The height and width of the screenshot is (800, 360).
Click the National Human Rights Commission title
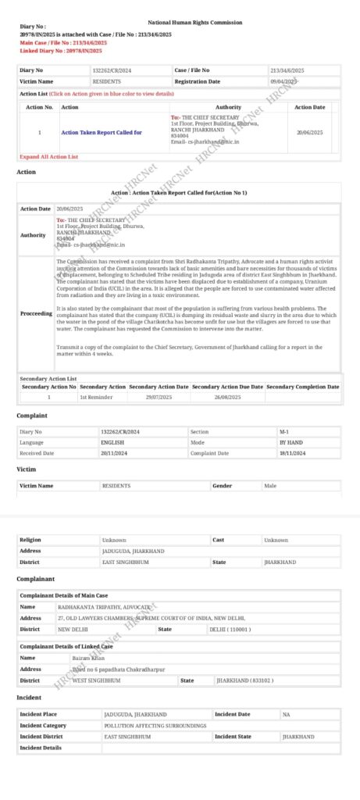194,23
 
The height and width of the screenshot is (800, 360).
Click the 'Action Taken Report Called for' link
102,133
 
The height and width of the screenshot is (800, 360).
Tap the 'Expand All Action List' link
48,156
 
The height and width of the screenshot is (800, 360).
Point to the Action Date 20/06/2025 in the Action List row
310,133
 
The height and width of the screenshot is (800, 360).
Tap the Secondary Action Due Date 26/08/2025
227,397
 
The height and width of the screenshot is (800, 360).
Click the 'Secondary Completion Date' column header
303,387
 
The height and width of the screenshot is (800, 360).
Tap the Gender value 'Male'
271,485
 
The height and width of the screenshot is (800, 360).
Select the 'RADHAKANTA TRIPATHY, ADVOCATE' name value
104,606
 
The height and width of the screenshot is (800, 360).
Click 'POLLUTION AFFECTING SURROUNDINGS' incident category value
155,725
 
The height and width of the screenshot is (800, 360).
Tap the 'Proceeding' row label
35,313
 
